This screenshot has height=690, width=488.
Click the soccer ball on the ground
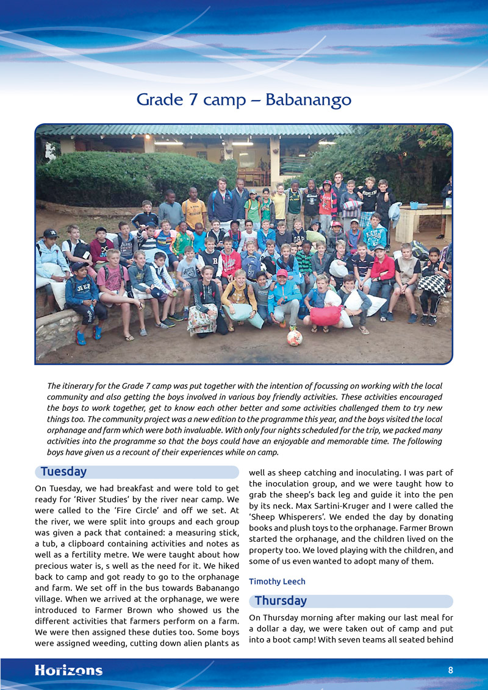pos(295,337)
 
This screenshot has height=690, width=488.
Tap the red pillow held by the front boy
pos(326,316)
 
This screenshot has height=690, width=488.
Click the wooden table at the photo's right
pos(421,221)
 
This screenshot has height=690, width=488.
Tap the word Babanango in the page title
pos(308,99)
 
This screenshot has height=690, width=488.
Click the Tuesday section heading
pos(63,472)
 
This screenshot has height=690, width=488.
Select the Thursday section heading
pos(281,601)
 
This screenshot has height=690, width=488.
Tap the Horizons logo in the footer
pos(68,670)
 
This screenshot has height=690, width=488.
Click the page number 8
pos(450,670)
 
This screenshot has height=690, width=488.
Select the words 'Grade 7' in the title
pos(166,99)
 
